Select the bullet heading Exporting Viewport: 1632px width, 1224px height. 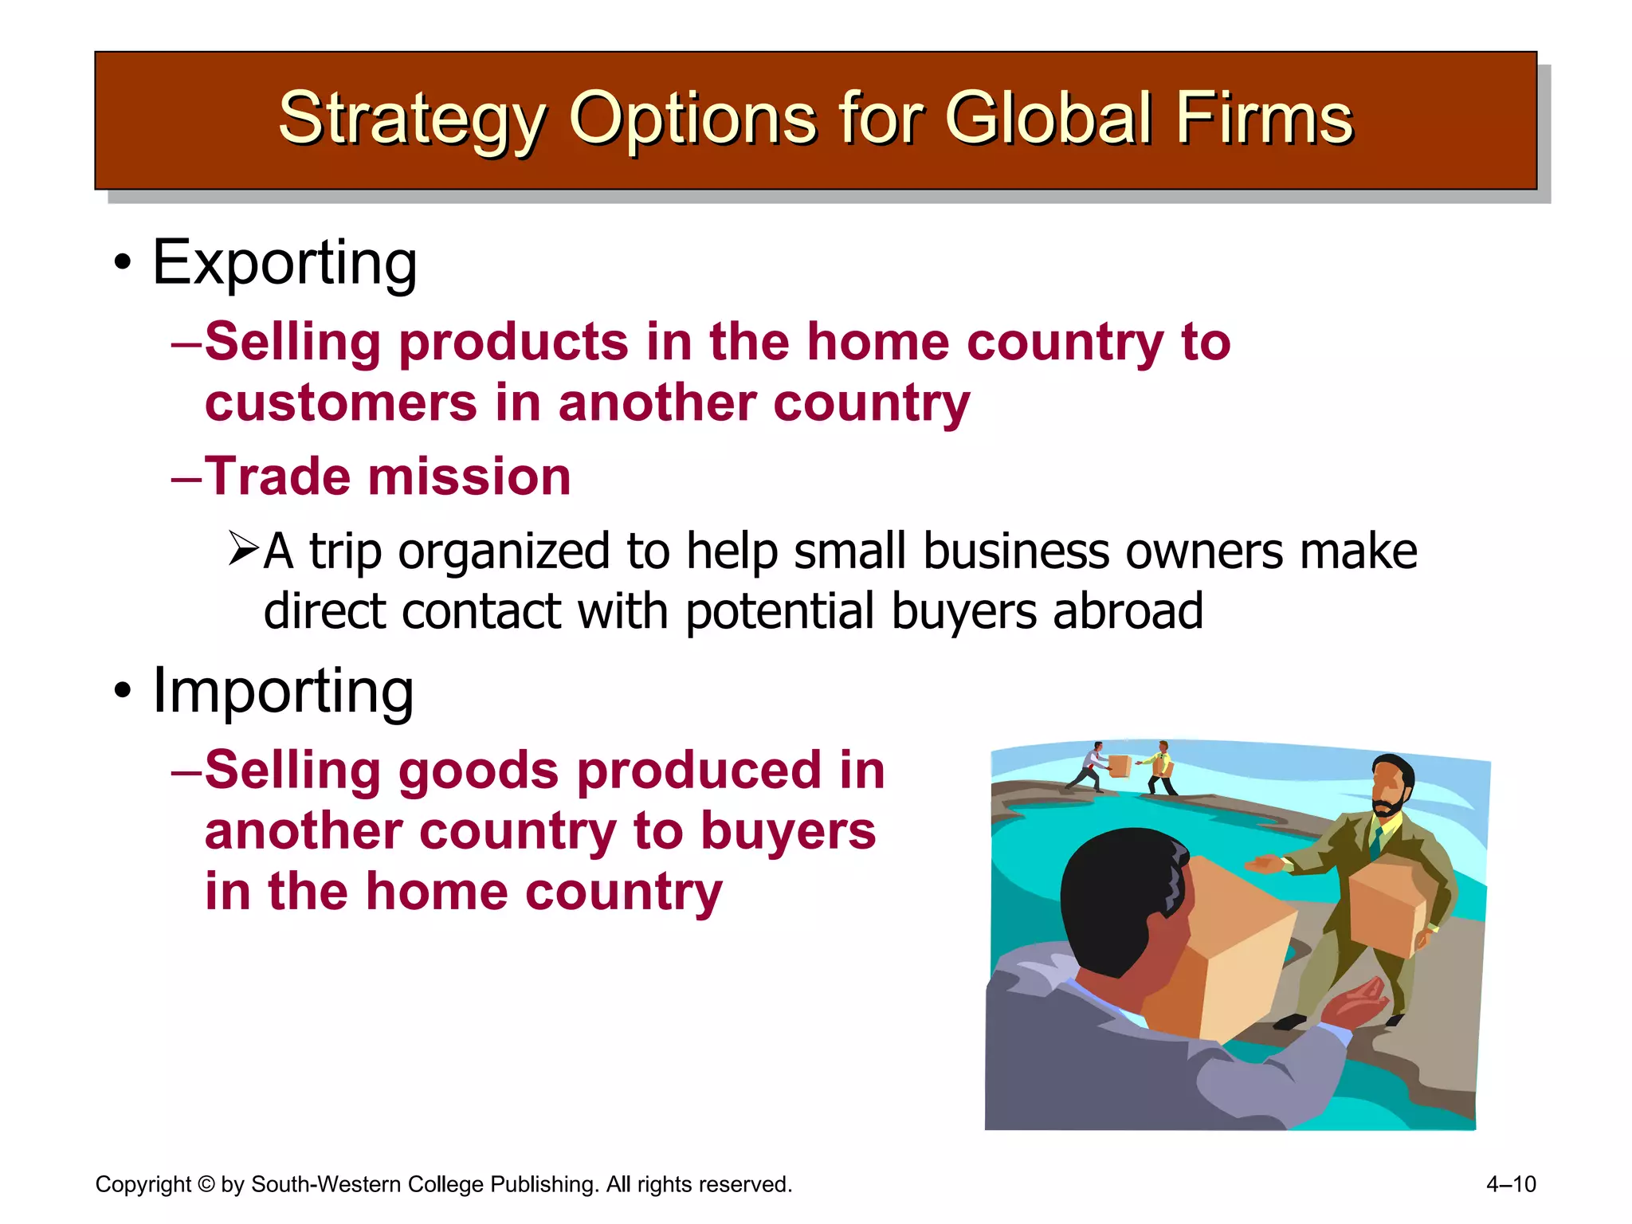pyautogui.click(x=284, y=263)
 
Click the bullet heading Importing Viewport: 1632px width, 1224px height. pyautogui.click(x=283, y=691)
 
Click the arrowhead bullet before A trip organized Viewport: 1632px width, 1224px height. pyautogui.click(x=243, y=549)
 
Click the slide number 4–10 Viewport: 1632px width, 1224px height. pyautogui.click(x=1511, y=1184)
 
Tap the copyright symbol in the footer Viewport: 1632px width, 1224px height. pyautogui.click(x=206, y=1185)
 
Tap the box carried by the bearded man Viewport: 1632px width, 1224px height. pyautogui.click(x=1387, y=908)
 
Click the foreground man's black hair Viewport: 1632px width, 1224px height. pyautogui.click(x=1116, y=892)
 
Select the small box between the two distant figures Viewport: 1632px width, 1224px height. pyautogui.click(x=1120, y=766)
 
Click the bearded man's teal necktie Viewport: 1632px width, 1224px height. pyautogui.click(x=1376, y=840)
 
